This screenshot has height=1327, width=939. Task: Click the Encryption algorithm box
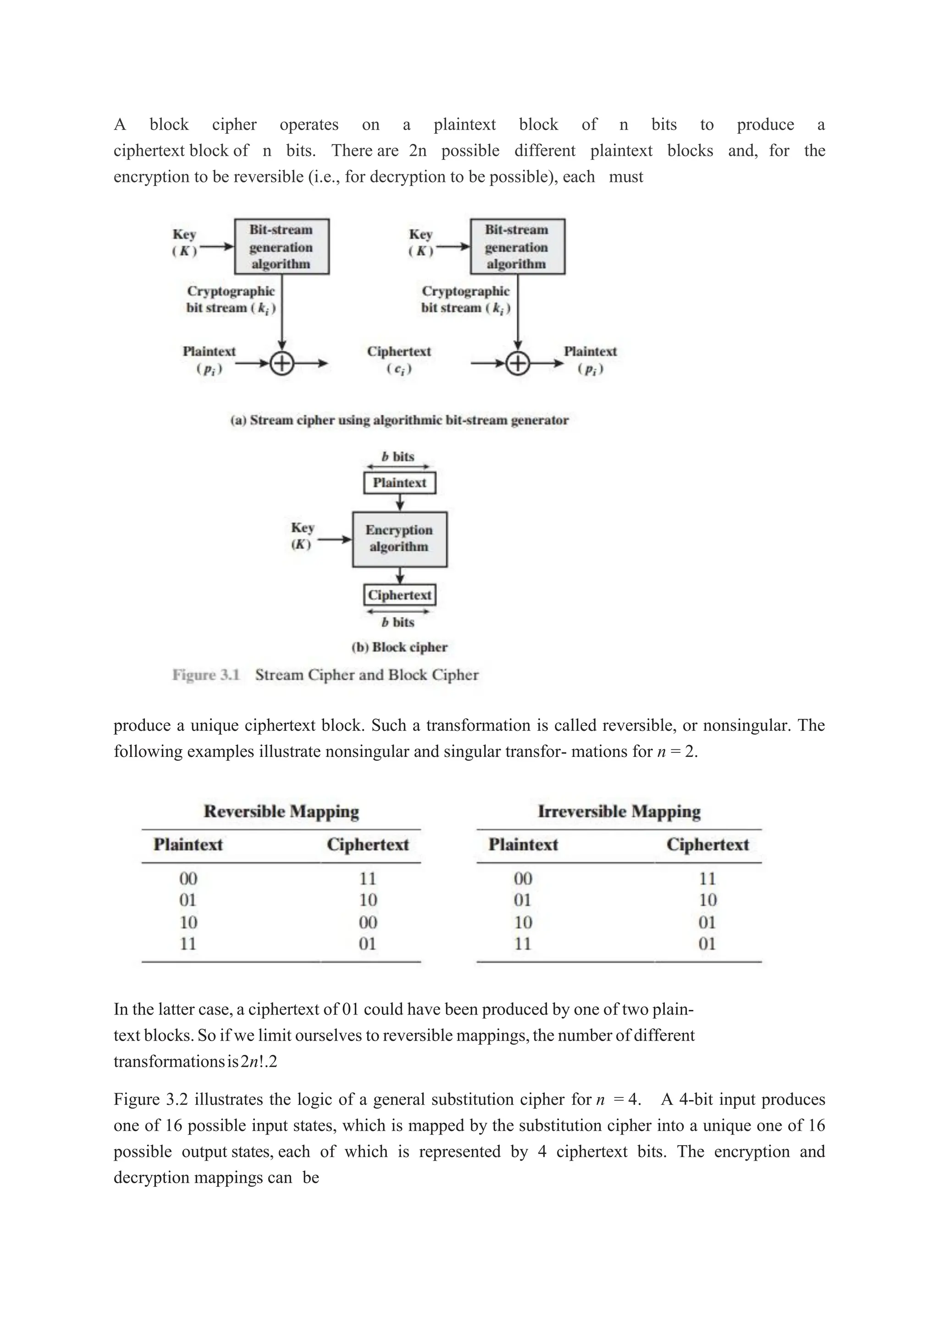click(399, 539)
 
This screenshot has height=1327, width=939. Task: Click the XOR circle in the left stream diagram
click(282, 363)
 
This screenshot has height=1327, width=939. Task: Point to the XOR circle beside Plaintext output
click(518, 363)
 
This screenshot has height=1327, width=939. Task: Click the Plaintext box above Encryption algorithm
click(399, 483)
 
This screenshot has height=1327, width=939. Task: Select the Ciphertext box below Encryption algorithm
click(399, 595)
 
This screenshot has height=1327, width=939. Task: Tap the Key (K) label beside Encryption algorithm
click(302, 535)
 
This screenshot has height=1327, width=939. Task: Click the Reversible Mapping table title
click(281, 812)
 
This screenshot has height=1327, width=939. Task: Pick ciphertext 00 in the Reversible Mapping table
click(368, 922)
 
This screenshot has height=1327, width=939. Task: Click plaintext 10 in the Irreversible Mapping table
click(523, 922)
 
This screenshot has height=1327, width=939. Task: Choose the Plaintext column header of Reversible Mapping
click(188, 844)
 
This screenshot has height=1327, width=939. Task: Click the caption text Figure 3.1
click(206, 674)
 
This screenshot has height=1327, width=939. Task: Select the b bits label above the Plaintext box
click(398, 456)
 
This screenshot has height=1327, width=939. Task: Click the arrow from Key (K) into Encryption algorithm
click(335, 539)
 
